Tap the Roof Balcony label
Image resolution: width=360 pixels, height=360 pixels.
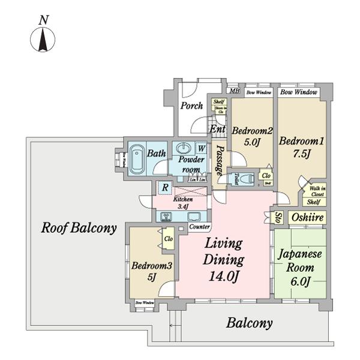[x=79, y=228]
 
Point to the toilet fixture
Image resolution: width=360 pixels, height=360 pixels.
[x=235, y=178]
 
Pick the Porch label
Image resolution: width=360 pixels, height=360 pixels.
[x=192, y=106]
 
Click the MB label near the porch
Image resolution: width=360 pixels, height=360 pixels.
[x=235, y=92]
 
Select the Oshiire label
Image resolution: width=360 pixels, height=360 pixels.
[x=308, y=217]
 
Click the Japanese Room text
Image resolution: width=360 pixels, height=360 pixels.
[x=300, y=261]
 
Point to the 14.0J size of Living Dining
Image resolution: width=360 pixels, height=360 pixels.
[x=223, y=277]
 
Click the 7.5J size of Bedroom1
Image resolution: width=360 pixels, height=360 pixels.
[x=302, y=154]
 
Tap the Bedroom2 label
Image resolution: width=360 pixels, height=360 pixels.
[x=253, y=131]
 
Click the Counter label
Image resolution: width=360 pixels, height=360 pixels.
[x=199, y=227]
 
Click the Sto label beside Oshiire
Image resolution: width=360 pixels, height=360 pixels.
[x=278, y=217]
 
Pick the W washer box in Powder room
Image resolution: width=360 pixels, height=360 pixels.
[x=202, y=148]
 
